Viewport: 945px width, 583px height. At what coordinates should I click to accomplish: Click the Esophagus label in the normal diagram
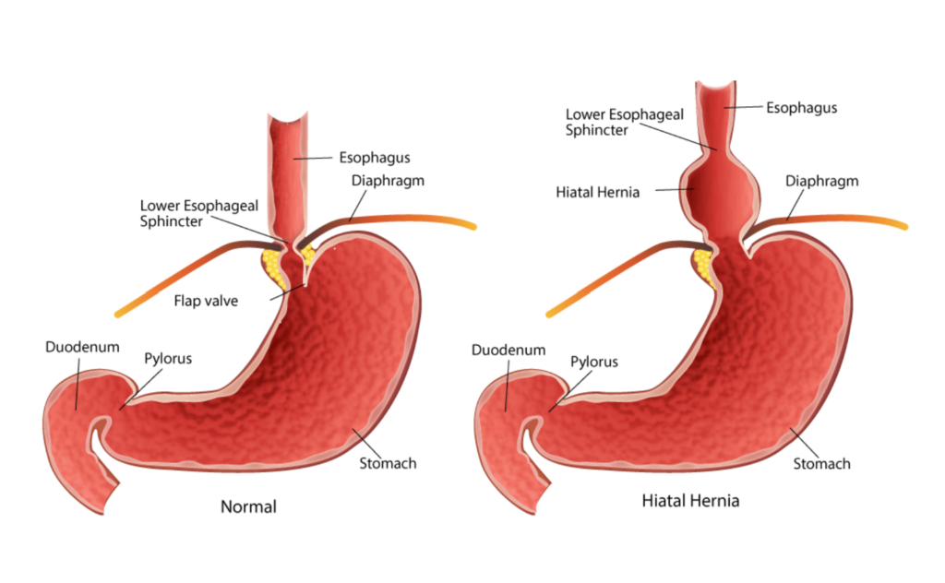(x=374, y=158)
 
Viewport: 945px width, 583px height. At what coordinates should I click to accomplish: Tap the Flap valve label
(x=204, y=300)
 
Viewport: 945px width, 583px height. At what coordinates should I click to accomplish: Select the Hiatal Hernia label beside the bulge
(x=598, y=192)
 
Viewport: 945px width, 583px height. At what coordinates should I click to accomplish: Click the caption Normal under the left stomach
(x=248, y=506)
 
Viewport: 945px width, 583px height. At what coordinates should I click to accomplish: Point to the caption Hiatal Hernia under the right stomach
(x=690, y=502)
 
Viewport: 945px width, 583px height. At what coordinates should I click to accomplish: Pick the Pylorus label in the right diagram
(x=594, y=363)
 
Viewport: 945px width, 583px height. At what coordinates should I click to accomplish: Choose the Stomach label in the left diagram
(x=388, y=463)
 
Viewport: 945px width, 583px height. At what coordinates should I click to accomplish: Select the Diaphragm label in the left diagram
(x=388, y=181)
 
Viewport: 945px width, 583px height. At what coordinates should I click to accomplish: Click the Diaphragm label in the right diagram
(x=821, y=181)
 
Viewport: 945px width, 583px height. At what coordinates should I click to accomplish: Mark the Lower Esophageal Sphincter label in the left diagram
(x=184, y=213)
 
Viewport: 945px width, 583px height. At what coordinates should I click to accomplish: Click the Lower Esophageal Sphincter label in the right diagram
(x=610, y=122)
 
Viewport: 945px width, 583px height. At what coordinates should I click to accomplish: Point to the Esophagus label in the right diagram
(x=801, y=108)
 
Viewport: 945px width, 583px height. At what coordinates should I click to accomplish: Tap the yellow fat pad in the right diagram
(x=703, y=264)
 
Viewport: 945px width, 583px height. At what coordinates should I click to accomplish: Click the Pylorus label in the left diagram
(x=168, y=358)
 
